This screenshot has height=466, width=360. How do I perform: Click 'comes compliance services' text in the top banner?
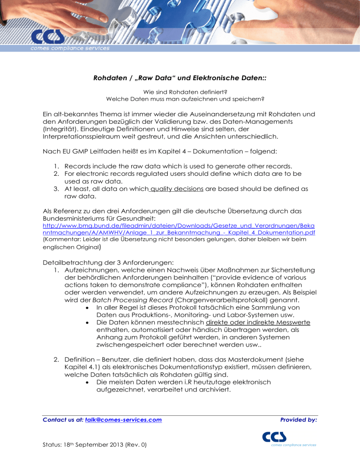coord(70,47)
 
